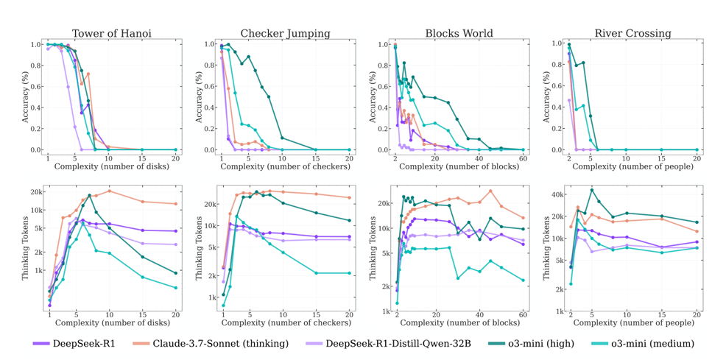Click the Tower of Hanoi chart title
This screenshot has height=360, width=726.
click(x=112, y=33)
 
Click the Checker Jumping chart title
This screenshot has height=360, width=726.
click(x=285, y=33)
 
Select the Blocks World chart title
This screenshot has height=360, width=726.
click(x=459, y=33)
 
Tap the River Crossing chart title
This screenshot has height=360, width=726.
click(x=632, y=33)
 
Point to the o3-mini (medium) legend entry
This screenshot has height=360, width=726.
click(x=643, y=343)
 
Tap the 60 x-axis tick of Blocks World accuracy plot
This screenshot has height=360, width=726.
click(x=524, y=158)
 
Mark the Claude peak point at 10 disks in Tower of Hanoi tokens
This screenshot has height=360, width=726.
click(x=109, y=191)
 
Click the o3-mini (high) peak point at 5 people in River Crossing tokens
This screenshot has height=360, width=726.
click(x=591, y=190)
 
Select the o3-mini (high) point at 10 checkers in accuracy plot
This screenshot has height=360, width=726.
click(x=282, y=138)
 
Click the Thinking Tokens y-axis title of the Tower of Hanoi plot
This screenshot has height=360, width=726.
click(x=26, y=248)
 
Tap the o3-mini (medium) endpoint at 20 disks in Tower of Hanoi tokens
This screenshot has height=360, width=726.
click(x=176, y=288)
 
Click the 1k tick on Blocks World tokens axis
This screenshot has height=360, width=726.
click(x=384, y=311)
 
